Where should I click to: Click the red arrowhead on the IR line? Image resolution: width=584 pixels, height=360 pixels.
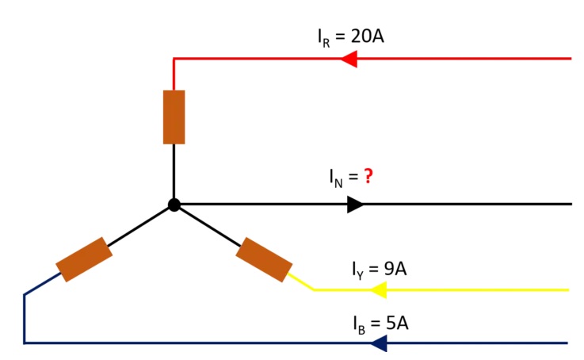click(x=348, y=59)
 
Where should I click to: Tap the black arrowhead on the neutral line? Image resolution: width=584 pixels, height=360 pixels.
click(x=355, y=205)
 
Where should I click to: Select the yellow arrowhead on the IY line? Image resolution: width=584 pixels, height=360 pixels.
click(x=378, y=290)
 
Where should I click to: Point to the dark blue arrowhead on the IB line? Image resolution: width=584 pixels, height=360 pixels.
click(x=378, y=343)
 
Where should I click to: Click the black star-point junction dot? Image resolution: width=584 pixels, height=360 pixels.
click(x=174, y=205)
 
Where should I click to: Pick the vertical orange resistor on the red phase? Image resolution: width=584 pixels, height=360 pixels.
click(x=174, y=117)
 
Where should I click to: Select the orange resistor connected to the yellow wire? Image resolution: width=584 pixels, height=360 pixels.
click(x=264, y=259)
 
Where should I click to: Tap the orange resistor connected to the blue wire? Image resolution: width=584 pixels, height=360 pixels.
click(x=83, y=259)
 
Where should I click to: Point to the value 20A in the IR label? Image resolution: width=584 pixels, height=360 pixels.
click(x=368, y=36)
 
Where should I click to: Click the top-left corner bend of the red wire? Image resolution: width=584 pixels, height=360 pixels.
click(x=174, y=59)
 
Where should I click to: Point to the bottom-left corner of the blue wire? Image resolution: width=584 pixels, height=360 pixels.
click(x=25, y=343)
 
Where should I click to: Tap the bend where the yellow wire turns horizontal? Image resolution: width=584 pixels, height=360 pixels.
click(x=315, y=290)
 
